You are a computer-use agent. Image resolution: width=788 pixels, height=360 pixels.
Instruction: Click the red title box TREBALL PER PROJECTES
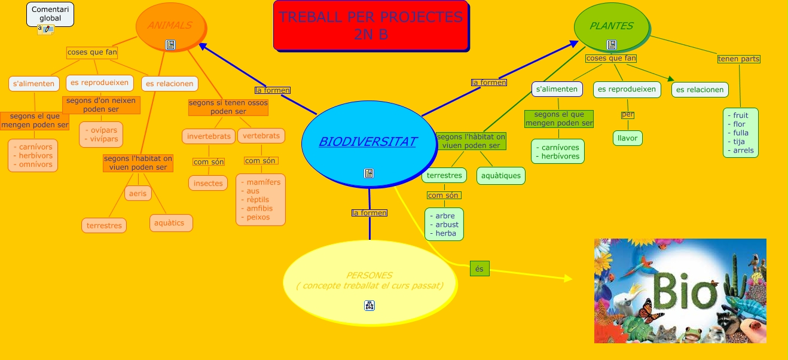click(x=371, y=26)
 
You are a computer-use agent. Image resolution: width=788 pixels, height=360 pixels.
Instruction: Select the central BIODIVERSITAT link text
click(x=368, y=142)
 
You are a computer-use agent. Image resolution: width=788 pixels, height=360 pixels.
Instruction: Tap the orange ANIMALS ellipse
click(x=170, y=25)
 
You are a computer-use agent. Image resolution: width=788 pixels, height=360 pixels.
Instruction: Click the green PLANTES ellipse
click(x=611, y=26)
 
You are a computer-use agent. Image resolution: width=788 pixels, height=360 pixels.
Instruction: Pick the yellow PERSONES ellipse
click(x=369, y=280)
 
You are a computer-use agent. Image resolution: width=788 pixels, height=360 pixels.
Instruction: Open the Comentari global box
click(x=50, y=14)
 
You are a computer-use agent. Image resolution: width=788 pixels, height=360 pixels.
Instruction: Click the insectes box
click(x=208, y=183)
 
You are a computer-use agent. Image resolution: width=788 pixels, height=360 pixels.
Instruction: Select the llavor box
click(x=627, y=138)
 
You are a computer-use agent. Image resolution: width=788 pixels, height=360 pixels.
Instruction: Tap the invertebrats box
click(x=209, y=136)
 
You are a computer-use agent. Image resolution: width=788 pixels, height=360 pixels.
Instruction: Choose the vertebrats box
click(x=261, y=136)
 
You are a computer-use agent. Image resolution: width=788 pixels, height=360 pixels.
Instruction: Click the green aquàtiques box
click(x=502, y=176)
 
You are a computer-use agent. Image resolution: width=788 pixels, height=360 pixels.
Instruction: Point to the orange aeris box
click(x=138, y=193)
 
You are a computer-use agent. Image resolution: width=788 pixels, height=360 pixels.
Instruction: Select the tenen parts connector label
click(x=738, y=59)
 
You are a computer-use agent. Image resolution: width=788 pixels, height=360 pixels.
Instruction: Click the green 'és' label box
click(x=479, y=269)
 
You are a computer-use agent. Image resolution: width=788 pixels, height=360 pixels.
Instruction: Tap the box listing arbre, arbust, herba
click(x=444, y=224)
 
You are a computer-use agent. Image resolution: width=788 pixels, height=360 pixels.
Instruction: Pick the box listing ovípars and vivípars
click(x=102, y=135)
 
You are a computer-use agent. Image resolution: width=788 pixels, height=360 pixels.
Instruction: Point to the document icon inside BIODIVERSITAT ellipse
click(x=369, y=173)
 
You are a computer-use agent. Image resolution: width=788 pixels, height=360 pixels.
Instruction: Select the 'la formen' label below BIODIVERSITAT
click(x=369, y=213)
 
